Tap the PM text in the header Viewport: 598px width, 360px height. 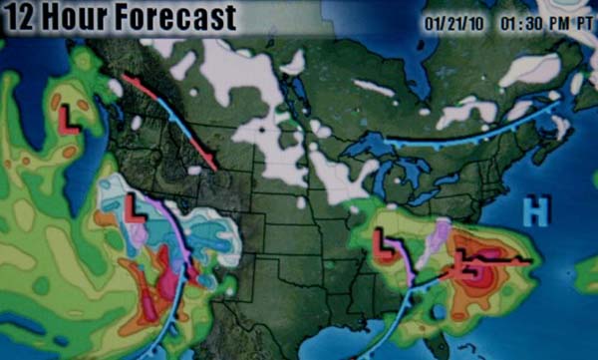pos(558,20)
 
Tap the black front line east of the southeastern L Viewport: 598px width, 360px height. pos(503,261)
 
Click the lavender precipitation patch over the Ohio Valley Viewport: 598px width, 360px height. pos(433,239)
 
